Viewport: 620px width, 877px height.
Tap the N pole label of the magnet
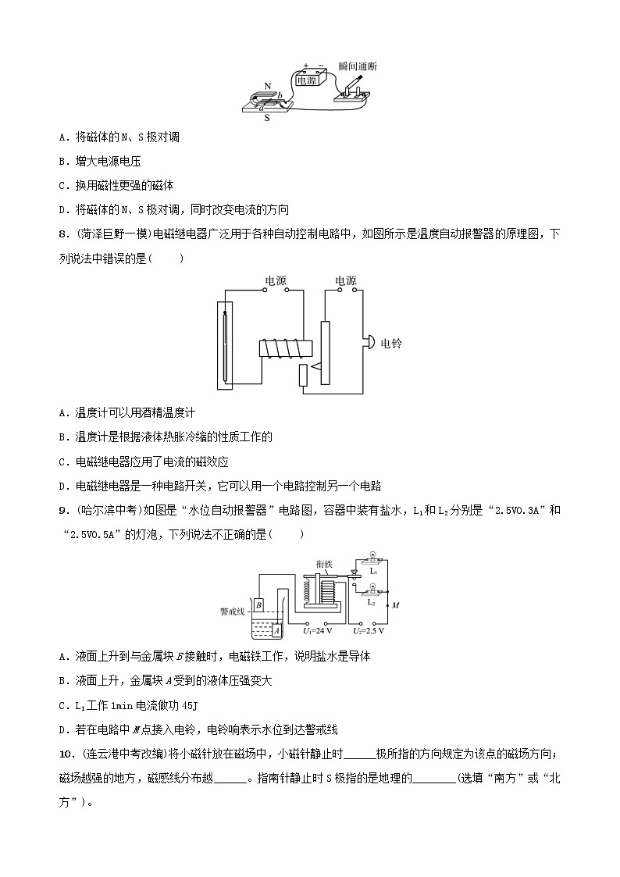point(268,86)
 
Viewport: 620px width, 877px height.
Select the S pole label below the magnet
point(267,118)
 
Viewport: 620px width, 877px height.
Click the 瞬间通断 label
point(358,67)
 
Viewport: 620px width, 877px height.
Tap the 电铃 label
point(390,342)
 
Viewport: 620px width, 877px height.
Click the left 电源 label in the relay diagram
point(277,280)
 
